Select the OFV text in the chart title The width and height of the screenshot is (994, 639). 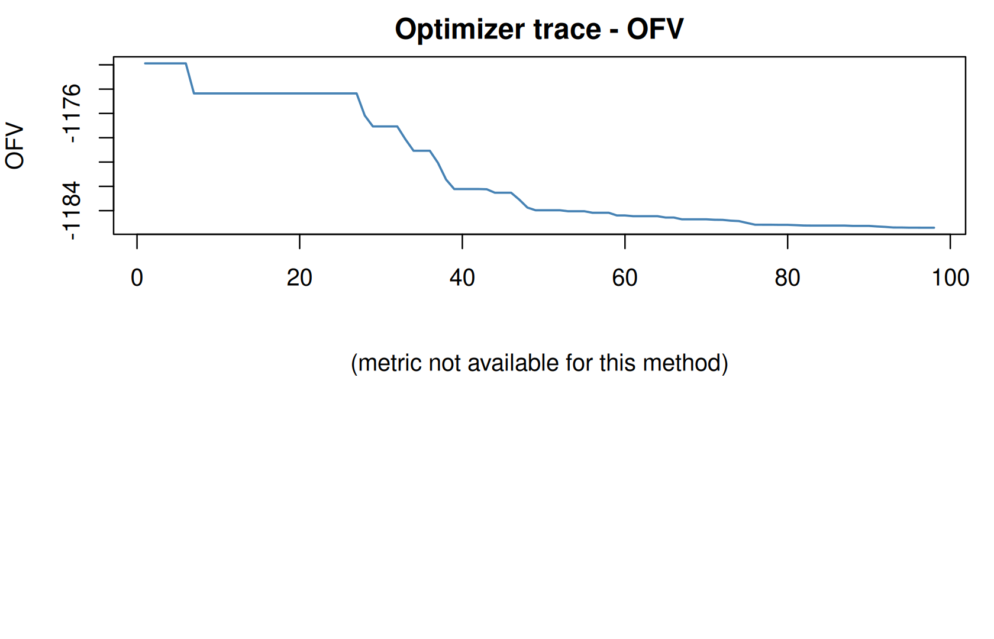[655, 30]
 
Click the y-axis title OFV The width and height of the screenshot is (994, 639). [14, 146]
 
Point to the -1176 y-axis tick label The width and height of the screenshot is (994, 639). [71, 113]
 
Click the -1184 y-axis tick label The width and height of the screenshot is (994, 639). [71, 211]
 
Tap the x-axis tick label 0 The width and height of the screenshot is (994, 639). [137, 278]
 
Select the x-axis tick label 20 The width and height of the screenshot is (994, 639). [299, 278]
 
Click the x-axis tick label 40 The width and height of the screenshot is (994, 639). [463, 278]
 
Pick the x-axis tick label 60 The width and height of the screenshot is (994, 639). [625, 278]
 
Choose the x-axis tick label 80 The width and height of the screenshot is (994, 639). [788, 278]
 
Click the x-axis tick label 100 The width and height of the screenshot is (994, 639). [950, 278]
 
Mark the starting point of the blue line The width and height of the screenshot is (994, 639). [145, 63]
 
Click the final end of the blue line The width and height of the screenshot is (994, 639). [934, 228]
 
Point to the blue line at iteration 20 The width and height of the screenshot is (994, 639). [299, 93]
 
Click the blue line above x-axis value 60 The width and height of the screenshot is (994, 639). [625, 215]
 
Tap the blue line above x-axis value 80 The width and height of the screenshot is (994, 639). [788, 225]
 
